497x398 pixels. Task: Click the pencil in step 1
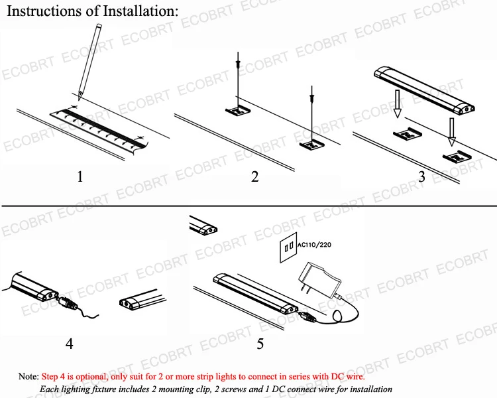[90, 62]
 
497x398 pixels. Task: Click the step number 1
[80, 176]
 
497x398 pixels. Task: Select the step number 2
[255, 176]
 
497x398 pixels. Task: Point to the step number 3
[421, 176]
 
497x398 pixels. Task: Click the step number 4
[70, 344]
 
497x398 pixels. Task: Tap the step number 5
[260, 344]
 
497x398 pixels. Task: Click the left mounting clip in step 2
[238, 111]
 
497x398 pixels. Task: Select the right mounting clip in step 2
[313, 145]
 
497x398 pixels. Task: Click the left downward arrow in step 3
[397, 103]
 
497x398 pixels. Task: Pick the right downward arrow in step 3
[452, 132]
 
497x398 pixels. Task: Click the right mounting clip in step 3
[457, 157]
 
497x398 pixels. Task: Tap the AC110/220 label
[314, 245]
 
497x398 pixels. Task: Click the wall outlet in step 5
[288, 247]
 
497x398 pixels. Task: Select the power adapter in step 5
[319, 279]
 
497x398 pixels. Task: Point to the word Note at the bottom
[28, 376]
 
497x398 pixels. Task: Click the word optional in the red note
[91, 377]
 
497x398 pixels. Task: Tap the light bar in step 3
[424, 90]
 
